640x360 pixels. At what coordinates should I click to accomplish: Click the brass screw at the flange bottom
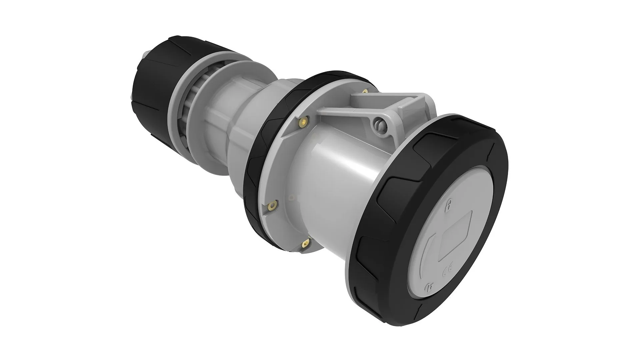(x=304, y=244)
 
